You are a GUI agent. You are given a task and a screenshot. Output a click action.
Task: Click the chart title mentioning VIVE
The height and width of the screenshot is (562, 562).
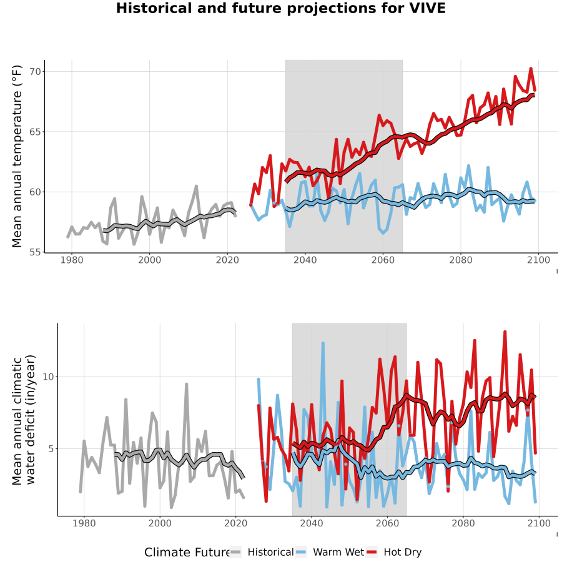[x=280, y=8]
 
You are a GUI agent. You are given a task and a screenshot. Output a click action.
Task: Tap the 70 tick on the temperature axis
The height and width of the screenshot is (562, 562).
[x=35, y=72]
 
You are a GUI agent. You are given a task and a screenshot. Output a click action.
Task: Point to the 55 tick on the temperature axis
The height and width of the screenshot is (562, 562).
[x=35, y=252]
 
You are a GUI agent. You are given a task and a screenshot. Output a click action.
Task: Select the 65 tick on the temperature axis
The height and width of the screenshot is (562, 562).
[x=35, y=132]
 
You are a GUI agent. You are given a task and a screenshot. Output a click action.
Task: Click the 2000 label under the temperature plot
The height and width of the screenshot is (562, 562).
[x=149, y=260]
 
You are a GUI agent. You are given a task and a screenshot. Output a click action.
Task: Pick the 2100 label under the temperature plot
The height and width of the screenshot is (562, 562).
[x=538, y=260]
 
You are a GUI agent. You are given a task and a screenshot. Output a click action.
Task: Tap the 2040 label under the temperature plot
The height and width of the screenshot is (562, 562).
[x=305, y=260]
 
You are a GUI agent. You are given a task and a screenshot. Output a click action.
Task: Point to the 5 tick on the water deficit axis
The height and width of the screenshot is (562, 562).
[x=51, y=449]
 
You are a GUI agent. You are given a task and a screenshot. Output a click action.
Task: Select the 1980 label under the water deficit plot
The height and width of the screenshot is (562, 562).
[x=84, y=524]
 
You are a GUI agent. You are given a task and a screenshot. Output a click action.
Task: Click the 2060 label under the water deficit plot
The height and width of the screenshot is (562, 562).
[x=387, y=524]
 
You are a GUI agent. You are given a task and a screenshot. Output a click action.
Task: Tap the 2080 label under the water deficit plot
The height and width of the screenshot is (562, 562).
[x=463, y=524]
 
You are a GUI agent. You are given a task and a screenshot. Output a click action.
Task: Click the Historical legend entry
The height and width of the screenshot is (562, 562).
[x=262, y=553]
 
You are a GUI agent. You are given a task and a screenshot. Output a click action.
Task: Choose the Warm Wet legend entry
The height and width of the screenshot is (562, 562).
[x=330, y=553]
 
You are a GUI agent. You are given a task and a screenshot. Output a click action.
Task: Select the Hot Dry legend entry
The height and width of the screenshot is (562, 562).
[x=394, y=553]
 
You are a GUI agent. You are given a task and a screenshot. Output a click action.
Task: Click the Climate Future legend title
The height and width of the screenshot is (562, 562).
[x=187, y=553]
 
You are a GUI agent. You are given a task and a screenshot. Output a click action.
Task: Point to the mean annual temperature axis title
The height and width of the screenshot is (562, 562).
[x=17, y=156]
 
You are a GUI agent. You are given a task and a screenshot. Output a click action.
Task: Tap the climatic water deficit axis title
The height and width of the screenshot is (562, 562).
[x=24, y=420]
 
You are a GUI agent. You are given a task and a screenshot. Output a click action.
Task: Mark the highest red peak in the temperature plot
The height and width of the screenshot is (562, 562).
[x=531, y=68]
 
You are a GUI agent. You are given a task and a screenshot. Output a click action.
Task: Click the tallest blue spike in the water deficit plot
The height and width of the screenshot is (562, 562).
[x=323, y=343]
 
